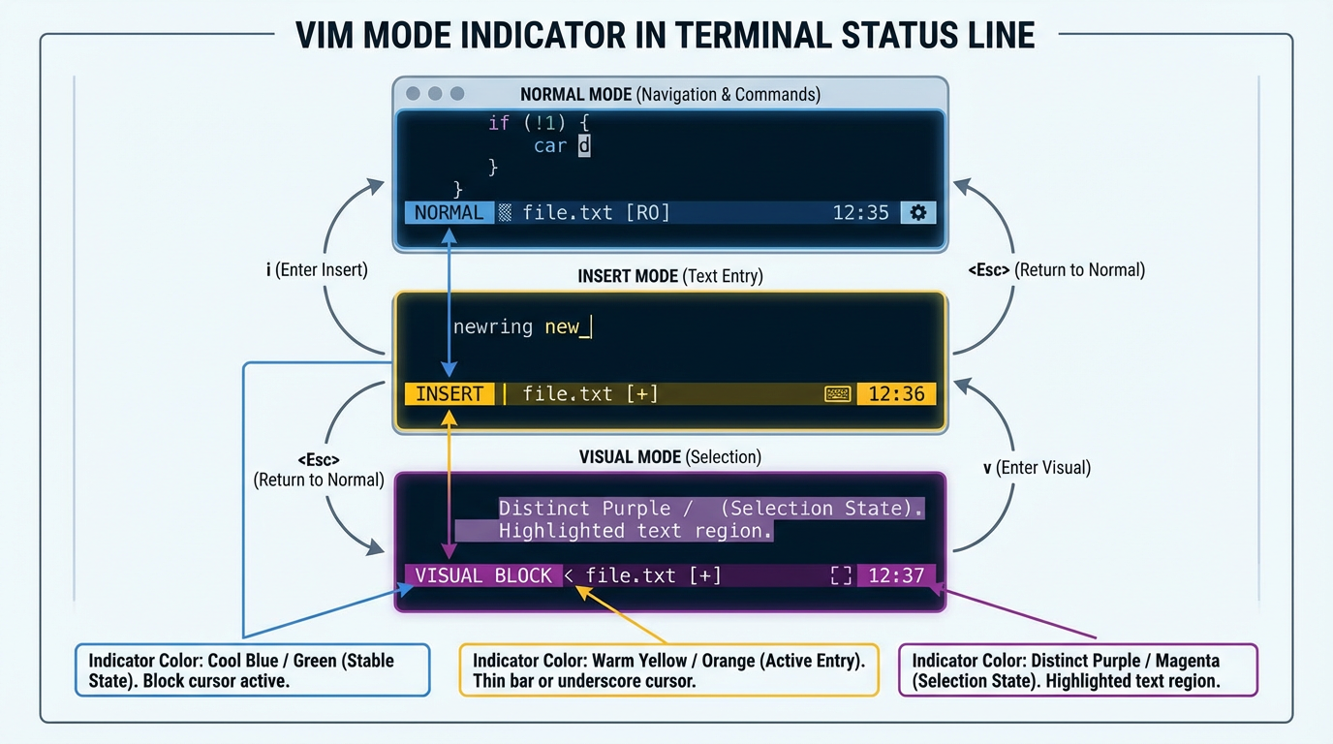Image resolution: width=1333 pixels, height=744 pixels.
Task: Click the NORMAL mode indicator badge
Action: tap(449, 213)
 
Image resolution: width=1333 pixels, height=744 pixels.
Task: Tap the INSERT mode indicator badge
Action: tap(449, 394)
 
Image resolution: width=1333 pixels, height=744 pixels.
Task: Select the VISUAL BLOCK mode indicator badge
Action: tap(482, 576)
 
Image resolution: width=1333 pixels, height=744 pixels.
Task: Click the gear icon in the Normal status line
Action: tap(917, 213)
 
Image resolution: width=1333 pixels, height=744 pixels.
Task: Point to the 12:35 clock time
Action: tap(860, 213)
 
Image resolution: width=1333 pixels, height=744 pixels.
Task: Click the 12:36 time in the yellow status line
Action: tap(896, 394)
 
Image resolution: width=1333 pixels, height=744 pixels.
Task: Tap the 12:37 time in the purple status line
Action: tap(896, 576)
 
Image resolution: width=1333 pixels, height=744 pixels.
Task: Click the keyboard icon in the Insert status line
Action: tap(837, 394)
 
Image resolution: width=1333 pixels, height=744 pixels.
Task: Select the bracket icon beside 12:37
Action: tap(841, 576)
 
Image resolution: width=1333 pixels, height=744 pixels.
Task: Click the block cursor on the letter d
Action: tap(584, 146)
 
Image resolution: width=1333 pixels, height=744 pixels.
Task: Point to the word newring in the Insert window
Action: tap(493, 327)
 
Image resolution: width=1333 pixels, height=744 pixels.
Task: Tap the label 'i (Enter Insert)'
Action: tap(317, 270)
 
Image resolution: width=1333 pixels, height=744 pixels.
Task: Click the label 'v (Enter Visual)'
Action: tap(1037, 468)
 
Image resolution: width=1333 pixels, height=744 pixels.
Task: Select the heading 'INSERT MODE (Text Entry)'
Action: tap(670, 276)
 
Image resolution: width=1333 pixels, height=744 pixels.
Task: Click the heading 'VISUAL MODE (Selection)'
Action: tap(670, 456)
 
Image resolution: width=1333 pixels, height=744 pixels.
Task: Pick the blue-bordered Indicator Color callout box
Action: tap(252, 670)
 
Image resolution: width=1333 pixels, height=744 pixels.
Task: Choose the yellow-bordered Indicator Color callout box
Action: tap(668, 670)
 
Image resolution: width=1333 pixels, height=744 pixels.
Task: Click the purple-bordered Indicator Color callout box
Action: tap(1077, 670)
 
